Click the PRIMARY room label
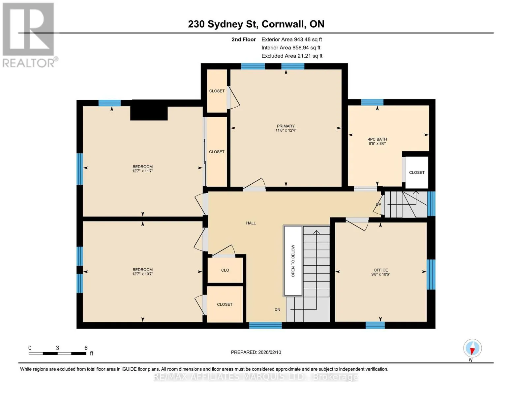[286, 126]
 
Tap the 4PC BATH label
[377, 139]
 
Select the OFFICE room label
[380, 270]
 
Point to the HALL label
[251, 223]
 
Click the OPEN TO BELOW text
[293, 261]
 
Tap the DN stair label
[277, 310]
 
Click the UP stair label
[378, 204]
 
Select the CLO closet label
[225, 270]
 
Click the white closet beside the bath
[417, 172]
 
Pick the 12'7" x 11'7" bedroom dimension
[142, 171]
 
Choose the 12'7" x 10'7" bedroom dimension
[142, 274]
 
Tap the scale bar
[57, 354]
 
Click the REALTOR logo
[29, 35]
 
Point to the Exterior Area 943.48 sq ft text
[292, 39]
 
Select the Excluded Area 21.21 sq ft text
[292, 56]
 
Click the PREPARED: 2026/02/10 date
[256, 353]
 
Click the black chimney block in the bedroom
[149, 113]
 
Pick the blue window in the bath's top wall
[372, 102]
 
